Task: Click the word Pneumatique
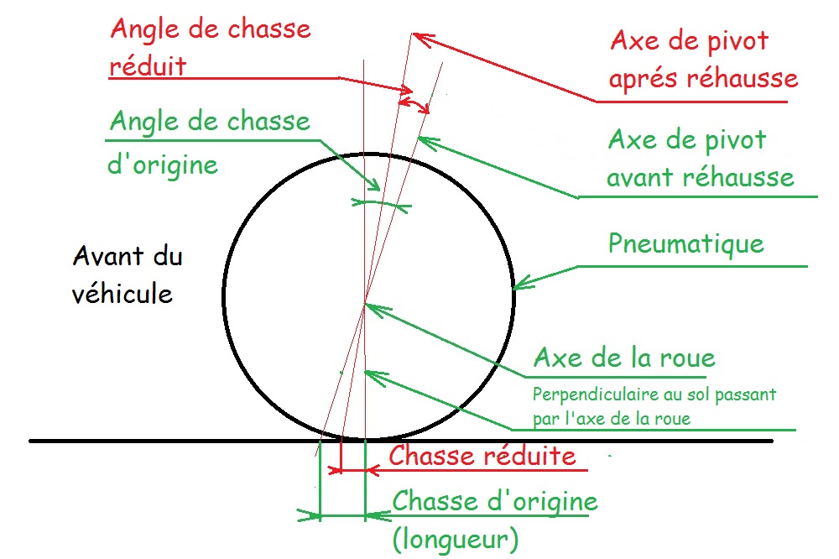[685, 244]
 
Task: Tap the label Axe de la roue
[624, 358]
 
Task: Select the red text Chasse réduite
[482, 456]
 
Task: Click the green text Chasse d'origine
[495, 502]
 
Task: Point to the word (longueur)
[456, 537]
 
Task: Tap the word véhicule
[123, 294]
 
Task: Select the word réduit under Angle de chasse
[148, 65]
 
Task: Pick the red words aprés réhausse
[703, 79]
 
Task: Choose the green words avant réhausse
[701, 177]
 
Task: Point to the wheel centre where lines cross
[365, 305]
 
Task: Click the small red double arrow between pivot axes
[414, 102]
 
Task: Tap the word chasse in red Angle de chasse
[269, 29]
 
